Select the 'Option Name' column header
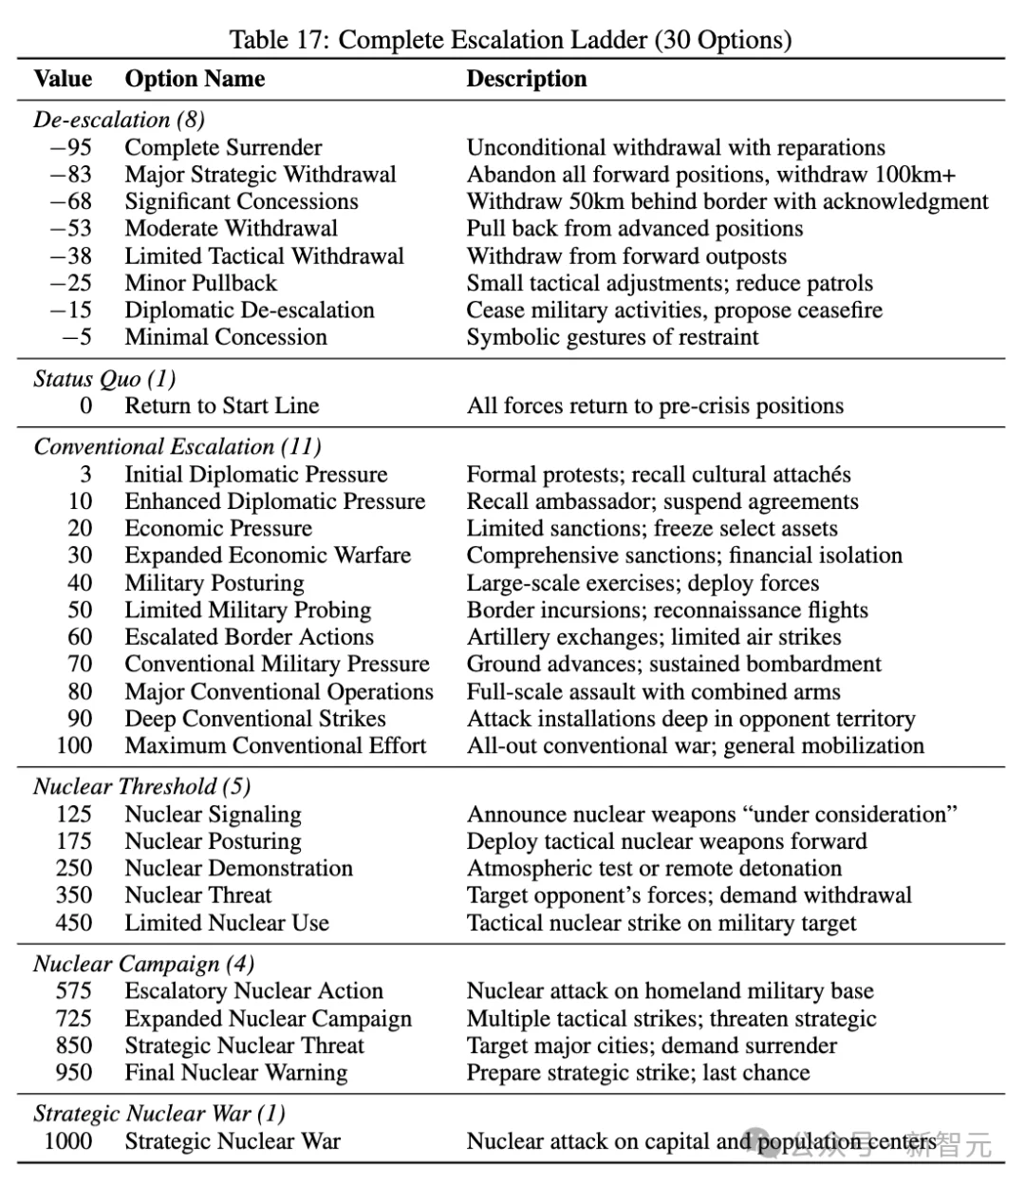pyautogui.click(x=195, y=79)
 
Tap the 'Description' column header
pyautogui.click(x=527, y=79)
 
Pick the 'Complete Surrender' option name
pyautogui.click(x=223, y=148)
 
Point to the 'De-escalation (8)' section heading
pyautogui.click(x=119, y=120)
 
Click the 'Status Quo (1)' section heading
pyautogui.click(x=104, y=379)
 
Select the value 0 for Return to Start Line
pyautogui.click(x=85, y=406)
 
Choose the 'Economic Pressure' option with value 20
pyautogui.click(x=218, y=529)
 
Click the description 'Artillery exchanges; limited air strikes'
pyautogui.click(x=654, y=637)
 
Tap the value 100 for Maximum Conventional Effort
pyautogui.click(x=74, y=746)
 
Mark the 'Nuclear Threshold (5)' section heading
pyautogui.click(x=141, y=786)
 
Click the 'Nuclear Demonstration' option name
pyautogui.click(x=238, y=869)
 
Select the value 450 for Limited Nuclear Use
pyautogui.click(x=74, y=923)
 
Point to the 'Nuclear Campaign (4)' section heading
pyautogui.click(x=143, y=964)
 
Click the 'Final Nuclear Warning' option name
pyautogui.click(x=235, y=1073)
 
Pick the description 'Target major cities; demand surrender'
pyautogui.click(x=652, y=1046)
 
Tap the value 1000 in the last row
pyautogui.click(x=68, y=1141)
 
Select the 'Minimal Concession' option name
pyautogui.click(x=226, y=337)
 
